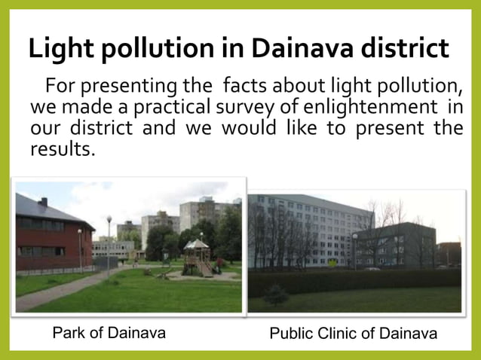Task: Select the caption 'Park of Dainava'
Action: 109,333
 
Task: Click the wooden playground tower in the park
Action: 197,256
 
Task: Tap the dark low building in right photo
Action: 397,245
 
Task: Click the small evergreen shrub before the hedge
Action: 274,294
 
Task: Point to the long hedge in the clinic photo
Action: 354,282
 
